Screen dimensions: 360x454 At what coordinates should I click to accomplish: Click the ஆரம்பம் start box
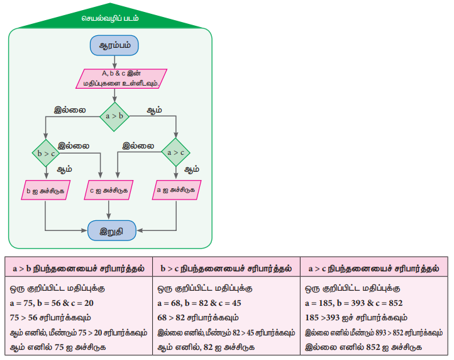tap(114, 46)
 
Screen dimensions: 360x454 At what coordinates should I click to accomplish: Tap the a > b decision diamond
tap(114, 116)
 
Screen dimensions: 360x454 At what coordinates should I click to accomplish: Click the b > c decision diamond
tap(46, 152)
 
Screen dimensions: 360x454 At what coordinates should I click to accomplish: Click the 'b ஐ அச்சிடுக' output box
tap(46, 189)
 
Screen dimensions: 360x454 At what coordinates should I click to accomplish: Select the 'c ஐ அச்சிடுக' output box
tap(111, 189)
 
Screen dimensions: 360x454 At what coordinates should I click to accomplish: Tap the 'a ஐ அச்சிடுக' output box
tap(175, 189)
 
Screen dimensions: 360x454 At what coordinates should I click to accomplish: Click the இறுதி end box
tap(111, 230)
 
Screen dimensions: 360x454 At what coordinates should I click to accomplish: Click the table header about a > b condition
tap(79, 267)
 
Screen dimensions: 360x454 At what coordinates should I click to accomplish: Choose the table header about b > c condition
tap(226, 267)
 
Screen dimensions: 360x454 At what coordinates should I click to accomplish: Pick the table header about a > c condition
tap(374, 267)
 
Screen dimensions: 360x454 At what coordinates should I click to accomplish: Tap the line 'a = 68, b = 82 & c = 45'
tap(201, 303)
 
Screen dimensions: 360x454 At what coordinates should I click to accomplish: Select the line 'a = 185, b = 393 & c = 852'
tap(353, 303)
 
